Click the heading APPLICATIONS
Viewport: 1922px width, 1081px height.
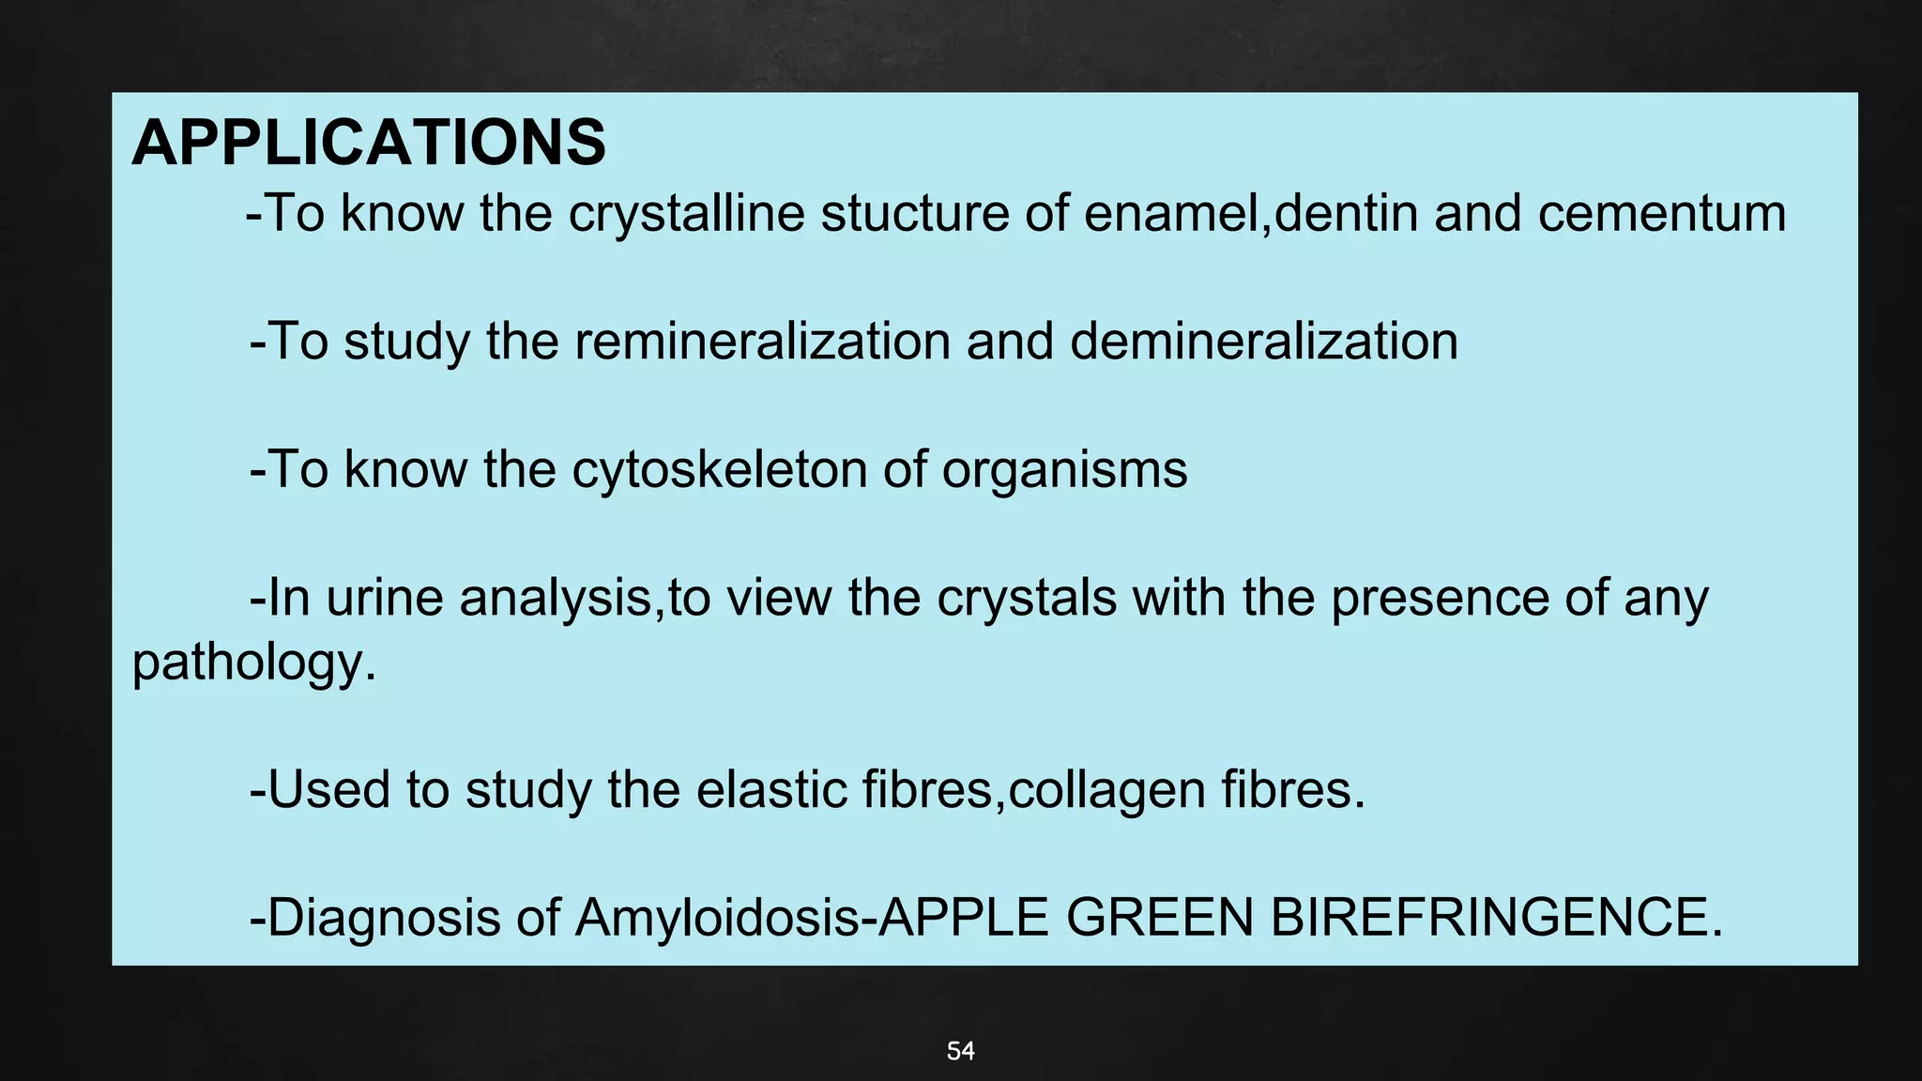pyautogui.click(x=369, y=143)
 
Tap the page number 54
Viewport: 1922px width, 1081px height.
pyautogui.click(x=960, y=1051)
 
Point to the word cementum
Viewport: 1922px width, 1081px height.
pyautogui.click(x=1661, y=213)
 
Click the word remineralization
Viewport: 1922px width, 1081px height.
pyautogui.click(x=762, y=341)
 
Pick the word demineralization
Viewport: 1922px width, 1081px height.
pyautogui.click(x=1263, y=341)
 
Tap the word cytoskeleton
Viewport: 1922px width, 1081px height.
pyautogui.click(x=719, y=469)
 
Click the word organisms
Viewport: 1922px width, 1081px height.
pyautogui.click(x=1064, y=469)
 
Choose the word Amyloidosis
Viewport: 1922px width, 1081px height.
pyautogui.click(x=716, y=918)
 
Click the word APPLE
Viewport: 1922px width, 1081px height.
pyautogui.click(x=964, y=918)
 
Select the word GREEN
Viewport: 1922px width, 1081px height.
pyautogui.click(x=1160, y=918)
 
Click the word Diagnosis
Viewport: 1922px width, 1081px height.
pyautogui.click(x=384, y=918)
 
